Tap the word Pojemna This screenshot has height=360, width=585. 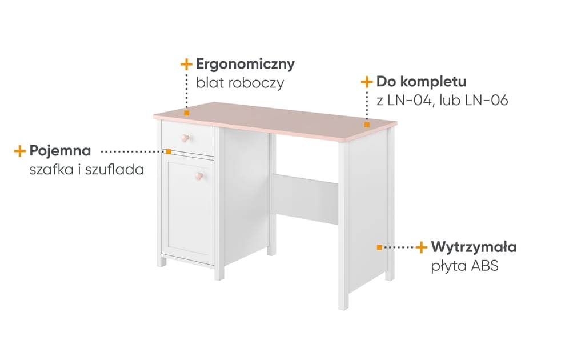tap(60, 151)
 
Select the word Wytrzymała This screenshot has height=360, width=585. tap(474, 247)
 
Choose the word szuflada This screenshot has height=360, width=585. tap(114, 169)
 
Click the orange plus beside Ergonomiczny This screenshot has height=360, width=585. tap(186, 64)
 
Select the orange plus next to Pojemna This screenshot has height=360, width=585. tap(19, 151)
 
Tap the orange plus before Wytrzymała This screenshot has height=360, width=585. tap(421, 247)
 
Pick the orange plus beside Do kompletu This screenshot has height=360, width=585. tap(367, 82)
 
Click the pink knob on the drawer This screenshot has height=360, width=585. tap(185, 138)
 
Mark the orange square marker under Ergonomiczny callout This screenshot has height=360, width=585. tap(187, 113)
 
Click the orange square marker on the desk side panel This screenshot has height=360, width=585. tap(379, 247)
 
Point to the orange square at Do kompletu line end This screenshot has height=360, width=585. tap(367, 125)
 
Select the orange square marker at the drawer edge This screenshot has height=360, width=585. tap(169, 151)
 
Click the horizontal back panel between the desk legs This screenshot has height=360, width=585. tap(304, 199)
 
